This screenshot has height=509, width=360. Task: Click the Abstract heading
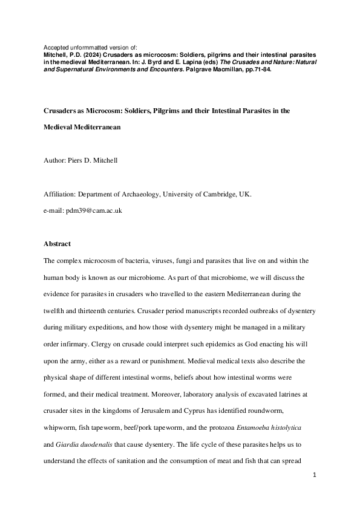(57, 244)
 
